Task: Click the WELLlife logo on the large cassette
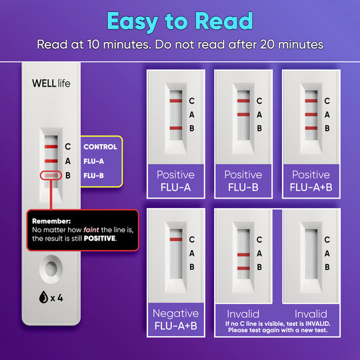coord(51,83)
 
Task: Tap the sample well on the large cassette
coord(51,269)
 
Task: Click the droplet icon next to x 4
coord(43,297)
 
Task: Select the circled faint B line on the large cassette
coord(51,175)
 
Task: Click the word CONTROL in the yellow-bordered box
coord(100,147)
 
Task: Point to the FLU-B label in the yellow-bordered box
coord(94,175)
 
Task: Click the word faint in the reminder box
coord(91,229)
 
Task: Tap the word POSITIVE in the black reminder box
coord(99,238)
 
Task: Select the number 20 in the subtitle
coord(267,44)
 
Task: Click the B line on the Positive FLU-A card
coord(176,128)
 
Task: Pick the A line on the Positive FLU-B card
coord(243,115)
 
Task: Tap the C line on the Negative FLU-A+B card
coord(176,239)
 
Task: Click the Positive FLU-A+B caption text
coord(311,181)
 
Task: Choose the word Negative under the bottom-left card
coord(176,313)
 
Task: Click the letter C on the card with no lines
coord(327,240)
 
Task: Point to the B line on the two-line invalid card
coord(243,269)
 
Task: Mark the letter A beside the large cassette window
coord(68,161)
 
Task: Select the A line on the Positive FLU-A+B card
coord(311,115)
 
